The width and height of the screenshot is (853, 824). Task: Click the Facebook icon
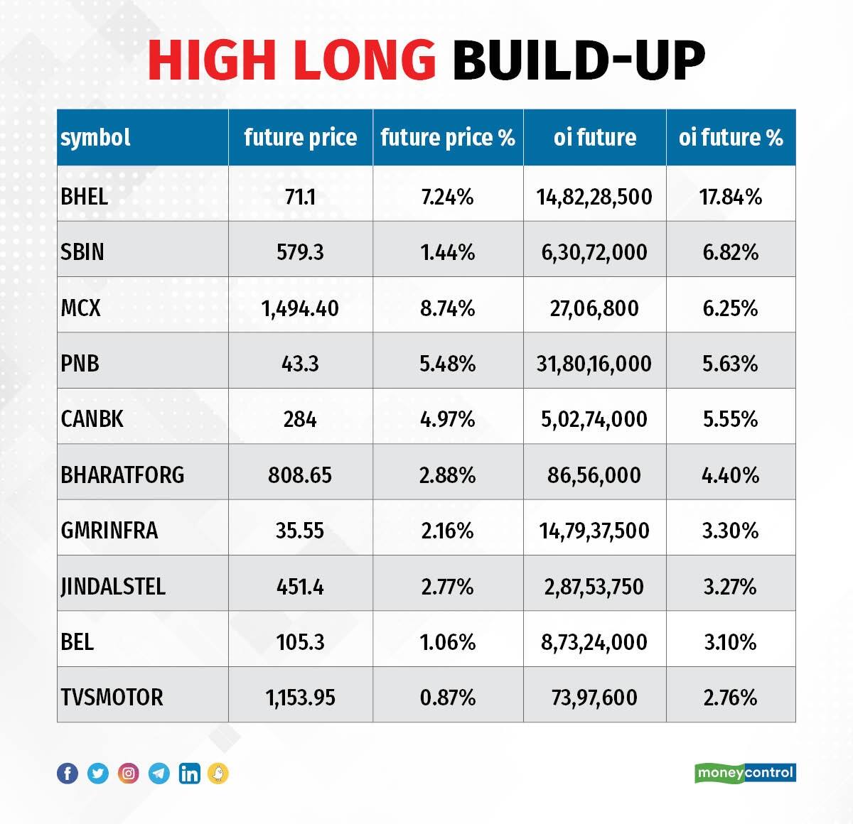click(x=68, y=774)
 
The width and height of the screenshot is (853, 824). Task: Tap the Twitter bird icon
click(x=98, y=774)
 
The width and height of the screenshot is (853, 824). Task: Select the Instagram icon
click(x=129, y=774)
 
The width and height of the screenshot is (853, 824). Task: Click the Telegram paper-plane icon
click(x=159, y=774)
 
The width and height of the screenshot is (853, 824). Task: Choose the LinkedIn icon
click(x=189, y=774)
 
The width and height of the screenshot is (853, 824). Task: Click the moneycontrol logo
click(x=745, y=773)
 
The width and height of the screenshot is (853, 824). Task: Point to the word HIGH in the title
click(x=212, y=60)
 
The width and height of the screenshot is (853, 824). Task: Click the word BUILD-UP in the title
click(x=579, y=60)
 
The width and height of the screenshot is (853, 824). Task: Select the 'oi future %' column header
click(x=731, y=138)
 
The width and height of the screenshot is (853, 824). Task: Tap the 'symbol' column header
click(x=95, y=139)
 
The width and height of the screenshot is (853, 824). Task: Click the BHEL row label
click(x=84, y=197)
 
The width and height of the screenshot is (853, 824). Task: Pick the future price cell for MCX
click(x=300, y=308)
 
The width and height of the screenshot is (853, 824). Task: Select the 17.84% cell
click(x=731, y=197)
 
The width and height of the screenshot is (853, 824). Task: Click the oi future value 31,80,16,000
click(x=594, y=364)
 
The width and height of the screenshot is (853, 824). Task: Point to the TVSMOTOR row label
click(x=112, y=698)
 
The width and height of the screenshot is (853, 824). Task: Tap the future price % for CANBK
click(x=448, y=420)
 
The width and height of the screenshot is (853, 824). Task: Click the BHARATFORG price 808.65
click(x=300, y=475)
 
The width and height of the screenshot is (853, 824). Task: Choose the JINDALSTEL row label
click(x=113, y=587)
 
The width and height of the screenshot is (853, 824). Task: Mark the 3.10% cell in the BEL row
click(x=731, y=643)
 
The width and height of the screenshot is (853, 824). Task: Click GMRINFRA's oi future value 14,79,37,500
click(x=594, y=531)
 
